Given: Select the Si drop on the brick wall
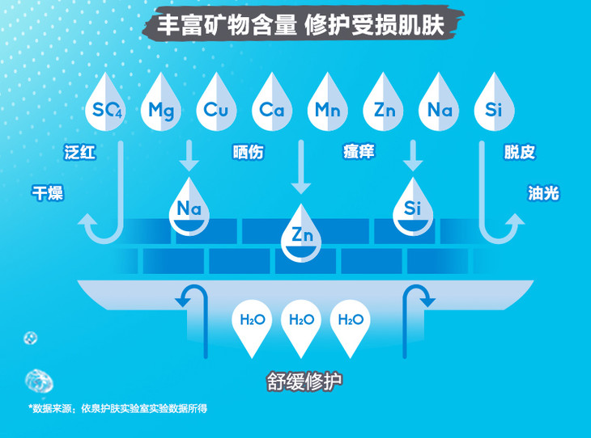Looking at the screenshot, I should [x=413, y=207].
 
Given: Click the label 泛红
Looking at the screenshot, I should [x=80, y=152].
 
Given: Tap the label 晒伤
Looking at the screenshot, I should [x=248, y=152].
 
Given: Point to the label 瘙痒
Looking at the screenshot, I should [x=359, y=152].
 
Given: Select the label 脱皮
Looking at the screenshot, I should [x=519, y=152].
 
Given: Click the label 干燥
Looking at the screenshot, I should [x=47, y=193].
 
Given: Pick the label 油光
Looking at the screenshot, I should [x=542, y=193].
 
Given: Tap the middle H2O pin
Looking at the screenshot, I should [x=301, y=323].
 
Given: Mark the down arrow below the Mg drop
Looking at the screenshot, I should [x=189, y=155].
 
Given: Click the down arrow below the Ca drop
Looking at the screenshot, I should [x=300, y=166].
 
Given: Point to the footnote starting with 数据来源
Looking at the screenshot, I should [x=118, y=408].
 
